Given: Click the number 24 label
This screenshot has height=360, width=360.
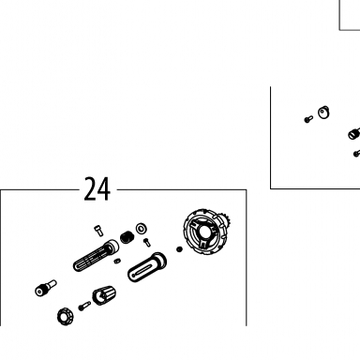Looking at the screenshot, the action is click(x=97, y=189).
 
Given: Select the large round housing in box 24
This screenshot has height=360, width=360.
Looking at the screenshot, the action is click(x=204, y=232).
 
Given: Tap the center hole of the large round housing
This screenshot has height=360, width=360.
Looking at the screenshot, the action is click(x=204, y=232).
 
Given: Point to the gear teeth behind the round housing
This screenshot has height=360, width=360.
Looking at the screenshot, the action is click(x=227, y=221).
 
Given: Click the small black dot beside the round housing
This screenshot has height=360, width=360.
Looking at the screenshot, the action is click(x=179, y=249).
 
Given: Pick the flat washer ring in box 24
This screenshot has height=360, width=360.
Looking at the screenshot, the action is click(x=142, y=229).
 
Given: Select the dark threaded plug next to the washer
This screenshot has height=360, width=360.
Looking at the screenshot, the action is click(x=127, y=237).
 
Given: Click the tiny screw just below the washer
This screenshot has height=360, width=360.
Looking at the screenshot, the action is click(x=146, y=243).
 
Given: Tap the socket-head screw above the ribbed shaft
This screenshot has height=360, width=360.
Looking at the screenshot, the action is click(x=98, y=231).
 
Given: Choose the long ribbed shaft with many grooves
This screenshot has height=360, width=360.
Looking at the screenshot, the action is click(x=96, y=256).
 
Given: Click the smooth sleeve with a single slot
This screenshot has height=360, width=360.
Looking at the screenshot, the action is click(x=147, y=267).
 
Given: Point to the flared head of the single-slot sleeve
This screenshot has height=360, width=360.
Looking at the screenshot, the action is click(x=159, y=261).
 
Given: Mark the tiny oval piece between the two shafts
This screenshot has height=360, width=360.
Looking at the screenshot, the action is click(x=117, y=261).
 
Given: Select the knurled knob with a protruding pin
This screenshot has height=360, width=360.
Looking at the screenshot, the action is click(x=46, y=288).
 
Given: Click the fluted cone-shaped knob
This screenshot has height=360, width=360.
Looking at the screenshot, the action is click(x=104, y=295).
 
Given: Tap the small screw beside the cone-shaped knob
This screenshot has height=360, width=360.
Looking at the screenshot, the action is click(x=84, y=306).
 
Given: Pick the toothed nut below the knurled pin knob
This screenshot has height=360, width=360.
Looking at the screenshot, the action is click(x=66, y=316).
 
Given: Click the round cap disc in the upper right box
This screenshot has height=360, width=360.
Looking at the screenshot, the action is click(x=323, y=112).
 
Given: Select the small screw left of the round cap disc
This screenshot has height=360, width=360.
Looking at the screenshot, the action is click(x=308, y=119).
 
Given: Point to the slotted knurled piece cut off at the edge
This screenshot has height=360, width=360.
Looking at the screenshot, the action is click(x=354, y=133).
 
